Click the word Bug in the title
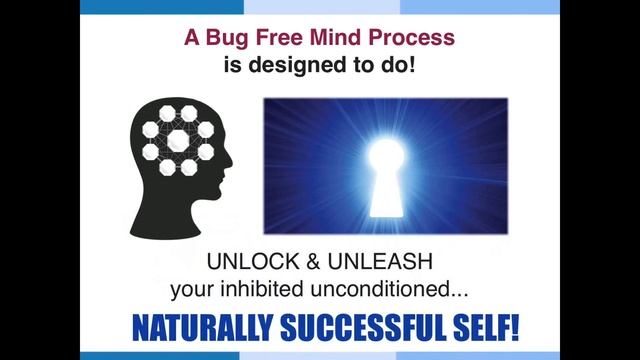(x=223, y=39)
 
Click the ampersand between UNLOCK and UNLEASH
(x=317, y=263)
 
